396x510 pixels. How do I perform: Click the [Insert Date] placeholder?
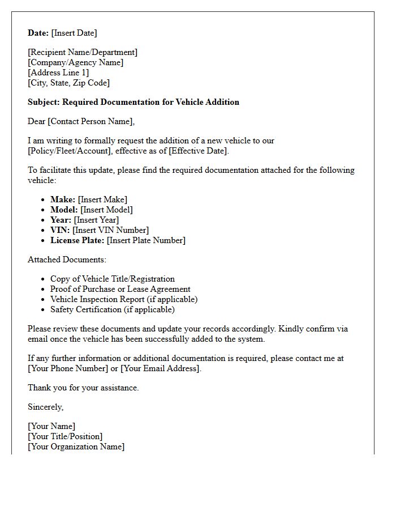click(74, 33)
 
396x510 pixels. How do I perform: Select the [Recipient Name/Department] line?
click(83, 52)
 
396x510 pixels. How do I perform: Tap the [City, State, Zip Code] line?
click(68, 83)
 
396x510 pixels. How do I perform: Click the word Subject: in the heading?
click(44, 102)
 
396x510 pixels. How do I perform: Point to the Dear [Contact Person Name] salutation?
click(81, 121)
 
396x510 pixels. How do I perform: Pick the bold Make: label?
click(63, 199)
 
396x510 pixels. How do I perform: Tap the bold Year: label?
click(61, 220)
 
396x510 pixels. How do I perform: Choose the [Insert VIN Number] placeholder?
click(111, 230)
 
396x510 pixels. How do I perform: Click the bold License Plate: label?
click(77, 240)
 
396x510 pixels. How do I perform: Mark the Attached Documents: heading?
click(67, 260)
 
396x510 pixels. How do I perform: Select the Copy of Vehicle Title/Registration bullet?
click(112, 279)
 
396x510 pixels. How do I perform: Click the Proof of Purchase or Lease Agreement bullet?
click(120, 289)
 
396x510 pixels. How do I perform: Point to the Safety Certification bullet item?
click(112, 309)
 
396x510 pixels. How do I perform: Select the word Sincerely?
click(45, 407)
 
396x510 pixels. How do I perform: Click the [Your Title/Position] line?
click(65, 436)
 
